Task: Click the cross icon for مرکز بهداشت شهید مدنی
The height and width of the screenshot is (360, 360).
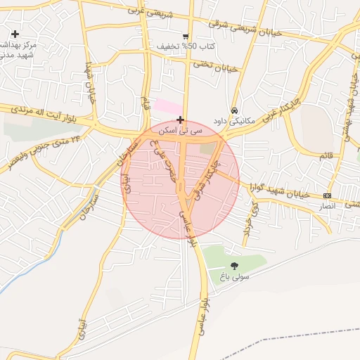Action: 15,34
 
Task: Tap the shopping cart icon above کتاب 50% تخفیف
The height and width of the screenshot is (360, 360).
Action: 185,37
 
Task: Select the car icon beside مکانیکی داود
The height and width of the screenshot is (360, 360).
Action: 234,110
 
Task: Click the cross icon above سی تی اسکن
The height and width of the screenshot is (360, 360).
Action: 181,120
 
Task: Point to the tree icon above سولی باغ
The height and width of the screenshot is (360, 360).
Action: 234,265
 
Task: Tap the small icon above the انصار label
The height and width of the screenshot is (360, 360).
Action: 327,195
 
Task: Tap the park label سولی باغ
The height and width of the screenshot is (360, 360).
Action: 236,276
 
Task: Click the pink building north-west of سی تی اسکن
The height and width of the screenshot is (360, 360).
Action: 167,106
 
